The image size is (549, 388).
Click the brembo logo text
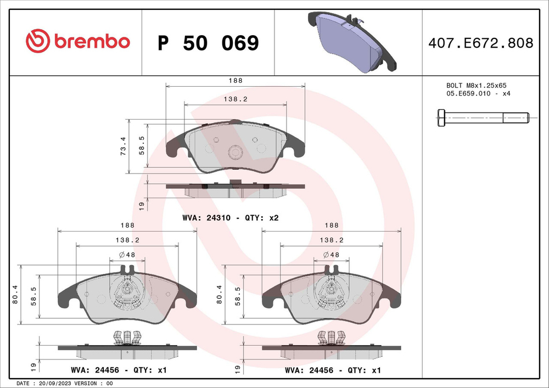tap(91, 42)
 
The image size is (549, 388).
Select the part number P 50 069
tap(208, 43)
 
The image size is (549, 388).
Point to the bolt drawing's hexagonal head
tap(441, 117)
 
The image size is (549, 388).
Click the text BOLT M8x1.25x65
tap(475, 86)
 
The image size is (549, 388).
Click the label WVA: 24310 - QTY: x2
tap(231, 218)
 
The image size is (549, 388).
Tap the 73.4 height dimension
tap(123, 146)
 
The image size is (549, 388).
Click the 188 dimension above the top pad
tap(236, 81)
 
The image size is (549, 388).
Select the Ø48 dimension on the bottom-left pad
tap(127, 255)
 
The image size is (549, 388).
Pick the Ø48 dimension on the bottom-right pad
tap(331, 255)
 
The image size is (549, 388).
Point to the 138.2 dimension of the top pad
tap(235, 99)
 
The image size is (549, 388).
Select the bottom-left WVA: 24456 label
tap(119, 370)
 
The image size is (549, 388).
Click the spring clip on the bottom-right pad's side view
tap(331, 338)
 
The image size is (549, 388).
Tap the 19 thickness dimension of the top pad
tap(142, 206)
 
